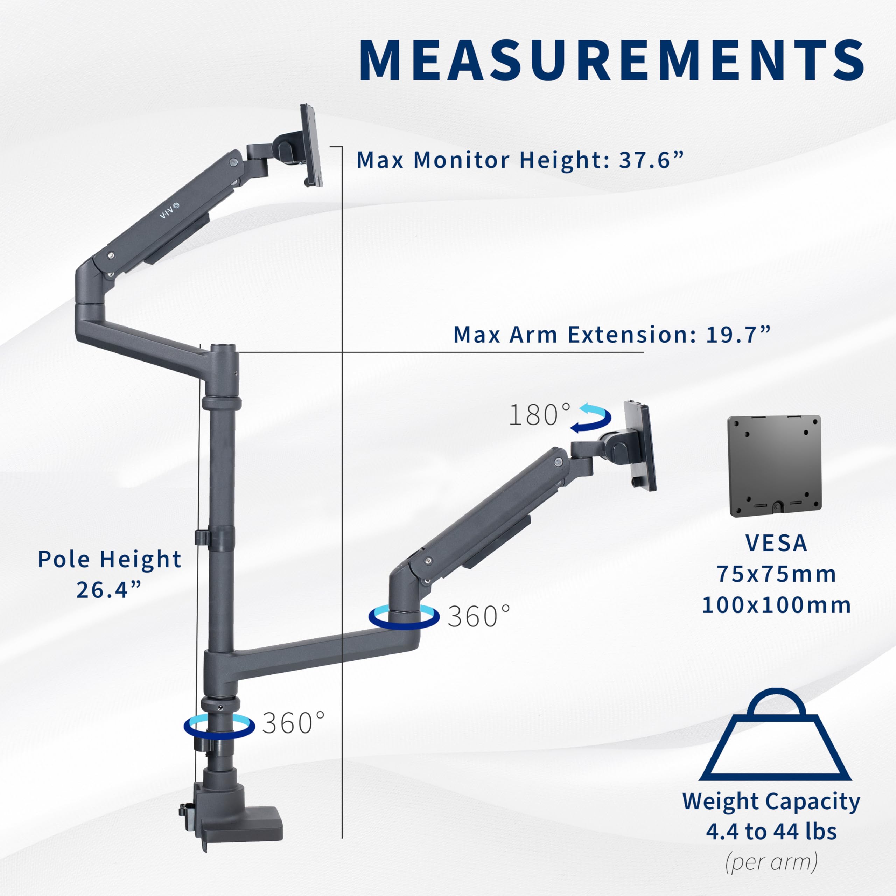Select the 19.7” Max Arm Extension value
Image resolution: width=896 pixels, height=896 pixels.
tap(737, 335)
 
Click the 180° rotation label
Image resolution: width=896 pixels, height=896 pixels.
tap(539, 415)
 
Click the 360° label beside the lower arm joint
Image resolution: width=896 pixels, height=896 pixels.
tap(478, 616)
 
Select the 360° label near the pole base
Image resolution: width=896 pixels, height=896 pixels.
tap(293, 723)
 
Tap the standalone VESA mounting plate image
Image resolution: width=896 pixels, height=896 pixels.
tap(774, 466)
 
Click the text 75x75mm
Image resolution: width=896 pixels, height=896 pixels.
tap(776, 574)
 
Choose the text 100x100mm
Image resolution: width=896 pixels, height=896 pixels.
tap(776, 605)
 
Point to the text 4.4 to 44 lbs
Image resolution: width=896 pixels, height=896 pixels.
tap(771, 832)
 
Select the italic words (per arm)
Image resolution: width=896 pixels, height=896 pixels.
tap(771, 862)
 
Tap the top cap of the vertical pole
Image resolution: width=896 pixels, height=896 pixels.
tap(223, 348)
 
